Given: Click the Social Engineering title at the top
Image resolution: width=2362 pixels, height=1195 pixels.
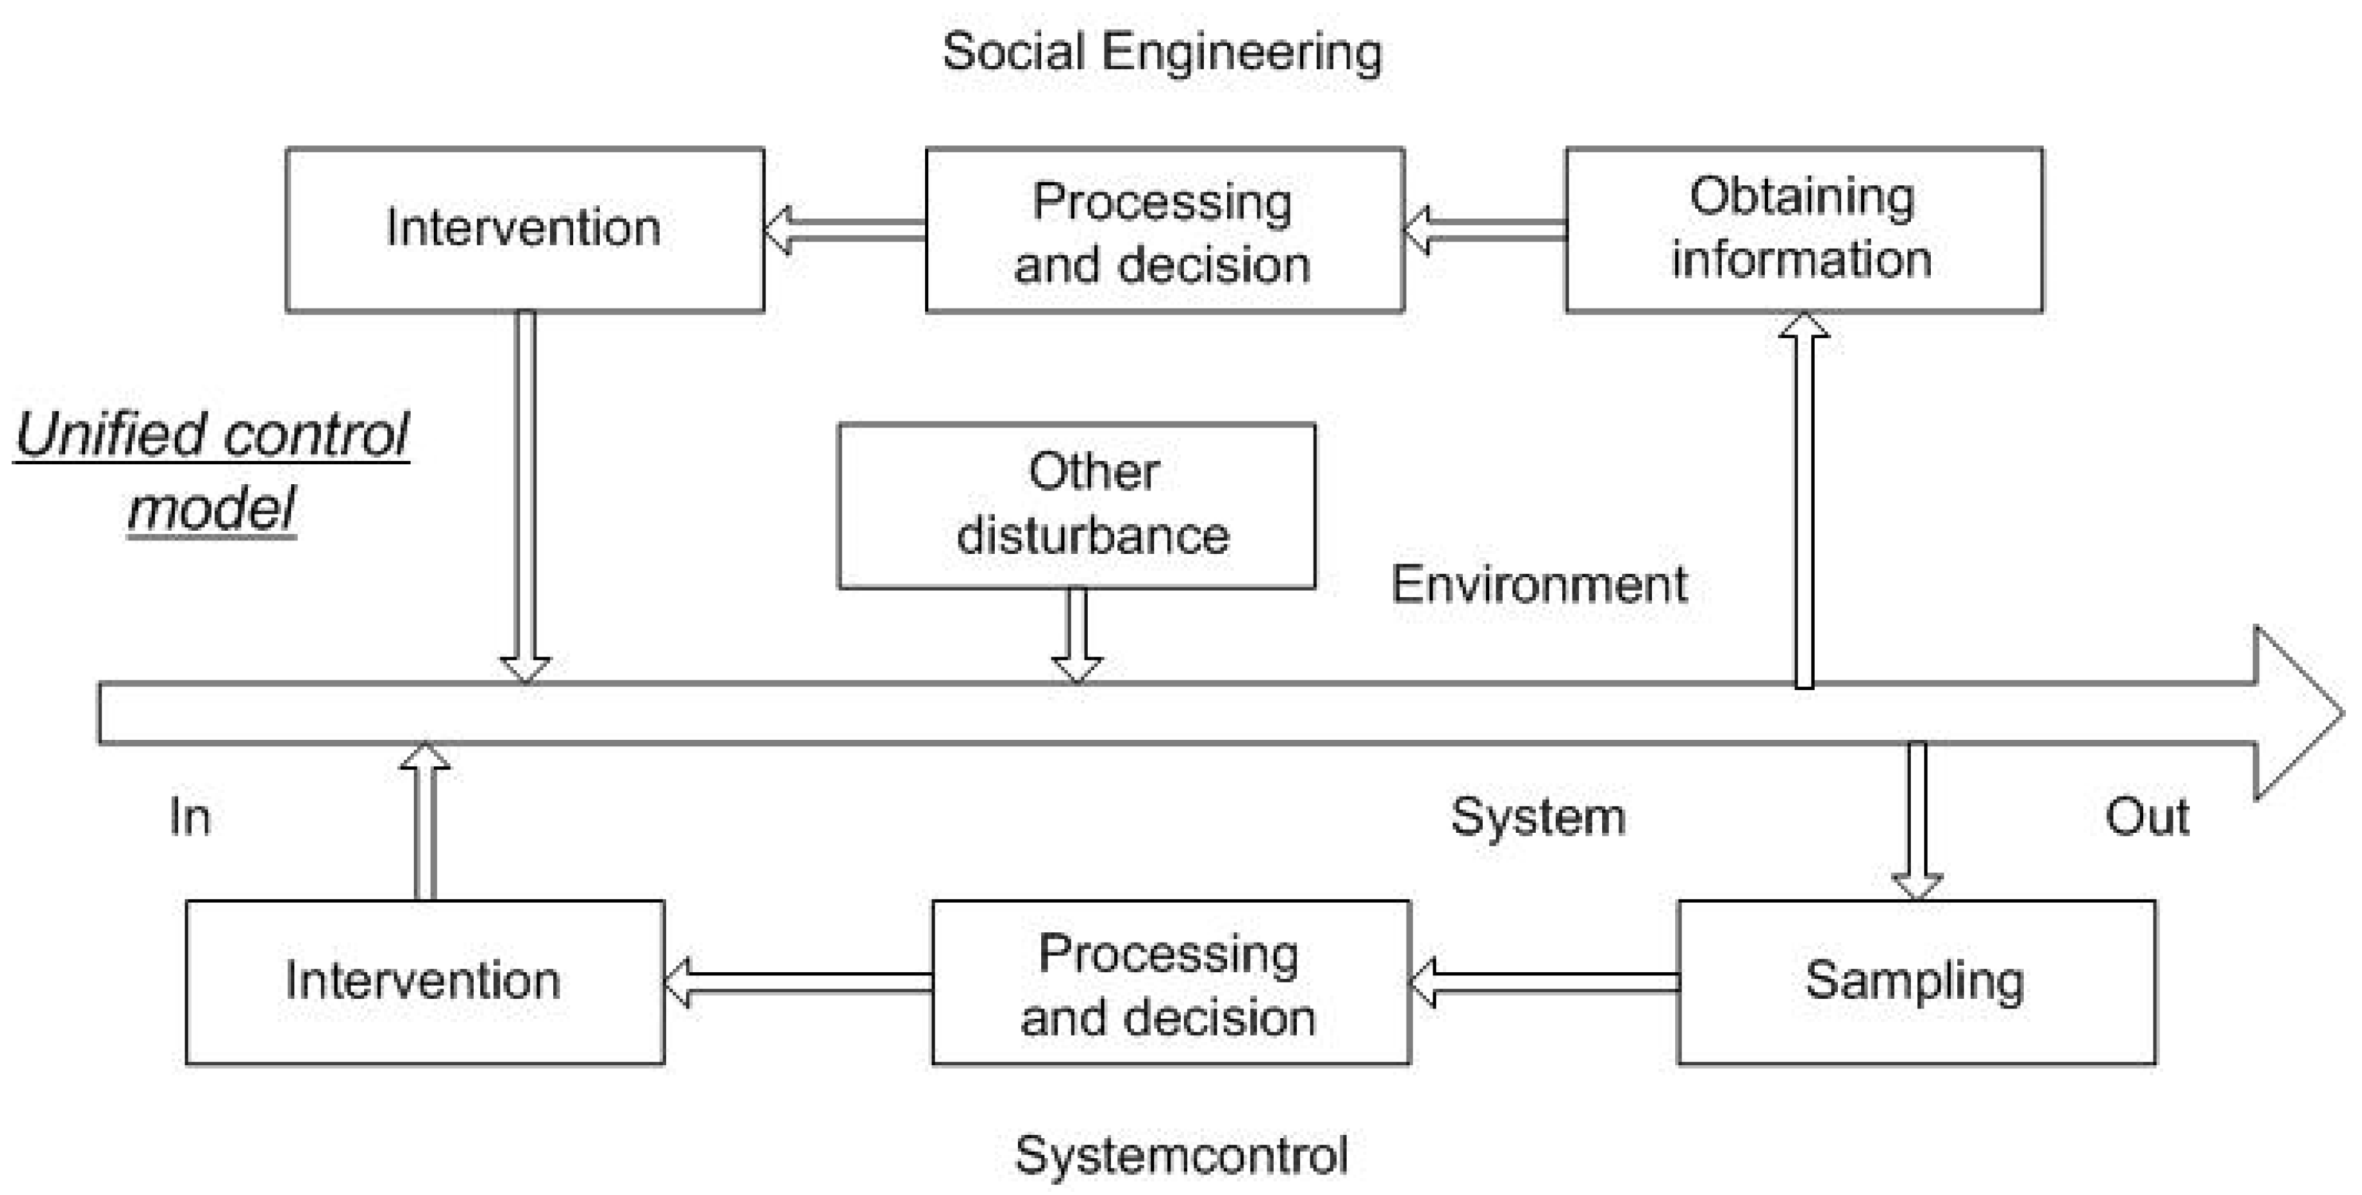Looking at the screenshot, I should [1162, 52].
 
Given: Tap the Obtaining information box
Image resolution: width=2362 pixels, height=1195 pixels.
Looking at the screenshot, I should [1804, 229].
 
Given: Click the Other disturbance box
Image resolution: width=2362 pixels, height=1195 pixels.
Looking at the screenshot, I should [1077, 506].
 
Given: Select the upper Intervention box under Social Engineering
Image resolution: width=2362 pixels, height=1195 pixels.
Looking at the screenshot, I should [524, 229].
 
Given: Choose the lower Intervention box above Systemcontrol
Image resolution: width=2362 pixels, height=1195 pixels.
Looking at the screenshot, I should [425, 981].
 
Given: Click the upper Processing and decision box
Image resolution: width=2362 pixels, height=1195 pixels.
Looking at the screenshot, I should [1165, 229].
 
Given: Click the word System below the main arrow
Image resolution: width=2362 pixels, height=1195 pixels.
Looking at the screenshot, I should [1538, 816].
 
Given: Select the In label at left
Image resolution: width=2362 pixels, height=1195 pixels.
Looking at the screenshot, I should [190, 816].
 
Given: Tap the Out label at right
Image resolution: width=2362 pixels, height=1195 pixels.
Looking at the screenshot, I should [2146, 816].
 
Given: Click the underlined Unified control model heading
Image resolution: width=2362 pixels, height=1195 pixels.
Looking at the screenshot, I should [212, 471].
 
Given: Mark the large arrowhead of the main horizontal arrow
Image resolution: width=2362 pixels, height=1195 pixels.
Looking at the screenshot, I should [2292, 713].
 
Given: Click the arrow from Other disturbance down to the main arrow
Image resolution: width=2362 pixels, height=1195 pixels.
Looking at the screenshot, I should [1077, 635].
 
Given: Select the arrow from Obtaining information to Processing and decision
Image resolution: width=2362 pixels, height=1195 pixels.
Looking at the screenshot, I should [1485, 229].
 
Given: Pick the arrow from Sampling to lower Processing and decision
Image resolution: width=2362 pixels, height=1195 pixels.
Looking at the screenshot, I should [1544, 982].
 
